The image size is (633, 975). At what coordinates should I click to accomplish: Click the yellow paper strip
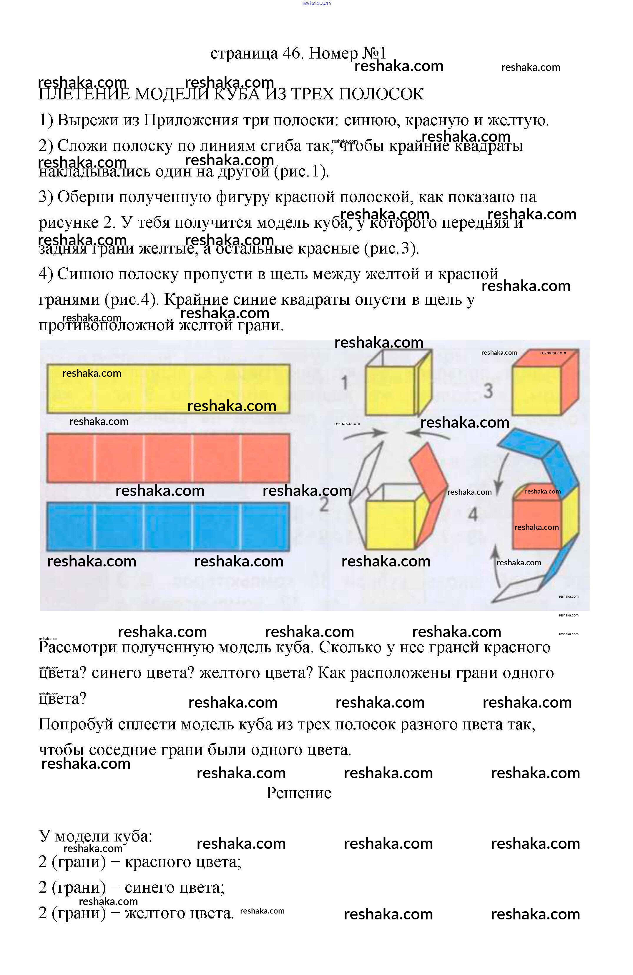pos(168,388)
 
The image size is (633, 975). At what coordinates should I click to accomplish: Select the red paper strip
pos(168,458)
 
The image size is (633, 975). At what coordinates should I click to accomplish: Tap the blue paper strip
pos(168,526)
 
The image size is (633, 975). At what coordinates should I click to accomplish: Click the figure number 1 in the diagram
pos(344,383)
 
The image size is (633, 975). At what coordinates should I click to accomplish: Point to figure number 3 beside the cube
pos(488,390)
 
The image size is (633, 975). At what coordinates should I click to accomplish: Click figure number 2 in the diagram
pos(324,504)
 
